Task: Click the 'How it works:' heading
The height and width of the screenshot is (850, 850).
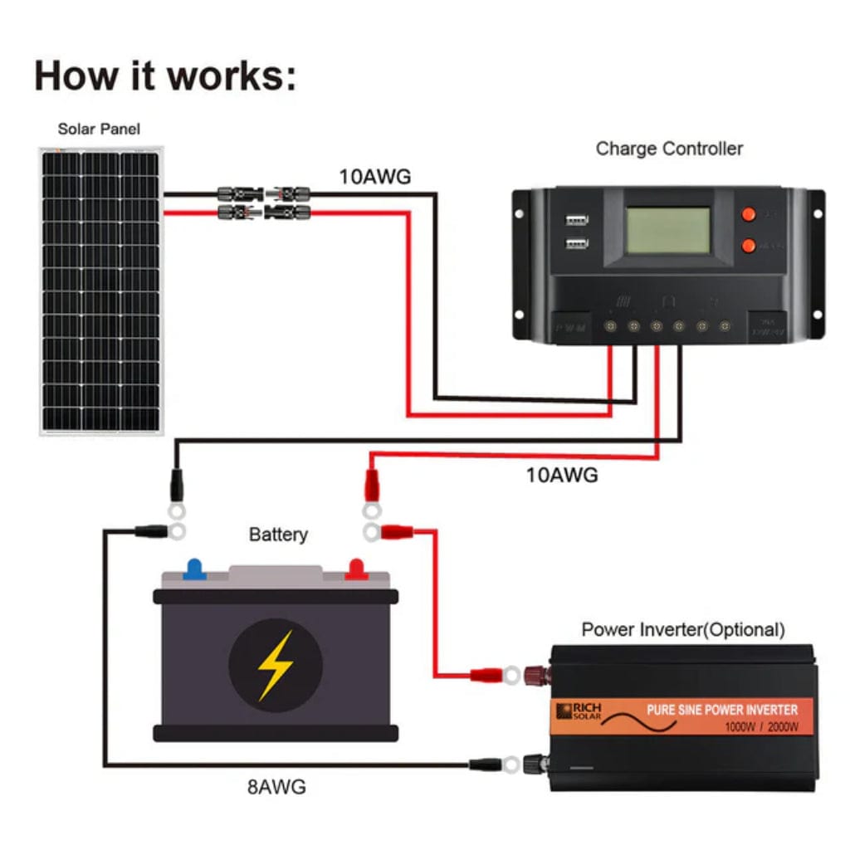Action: click(164, 76)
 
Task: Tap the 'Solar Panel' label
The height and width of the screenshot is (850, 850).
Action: click(99, 129)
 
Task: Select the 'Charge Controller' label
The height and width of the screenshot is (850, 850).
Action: click(669, 149)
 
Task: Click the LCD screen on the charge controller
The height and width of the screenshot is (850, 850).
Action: click(668, 230)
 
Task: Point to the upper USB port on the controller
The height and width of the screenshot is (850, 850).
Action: click(575, 221)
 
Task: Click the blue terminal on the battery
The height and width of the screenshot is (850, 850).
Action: click(195, 569)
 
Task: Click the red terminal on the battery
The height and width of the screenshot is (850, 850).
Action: click(356, 569)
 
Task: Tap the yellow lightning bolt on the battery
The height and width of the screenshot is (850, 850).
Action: click(275, 664)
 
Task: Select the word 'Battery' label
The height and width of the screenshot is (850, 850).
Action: click(278, 535)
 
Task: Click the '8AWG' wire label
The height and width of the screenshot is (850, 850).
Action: click(276, 786)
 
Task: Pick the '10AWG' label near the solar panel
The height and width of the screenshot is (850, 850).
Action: click(374, 177)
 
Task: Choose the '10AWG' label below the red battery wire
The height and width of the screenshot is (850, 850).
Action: click(561, 476)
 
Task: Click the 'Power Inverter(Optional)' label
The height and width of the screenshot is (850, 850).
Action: click(682, 629)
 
